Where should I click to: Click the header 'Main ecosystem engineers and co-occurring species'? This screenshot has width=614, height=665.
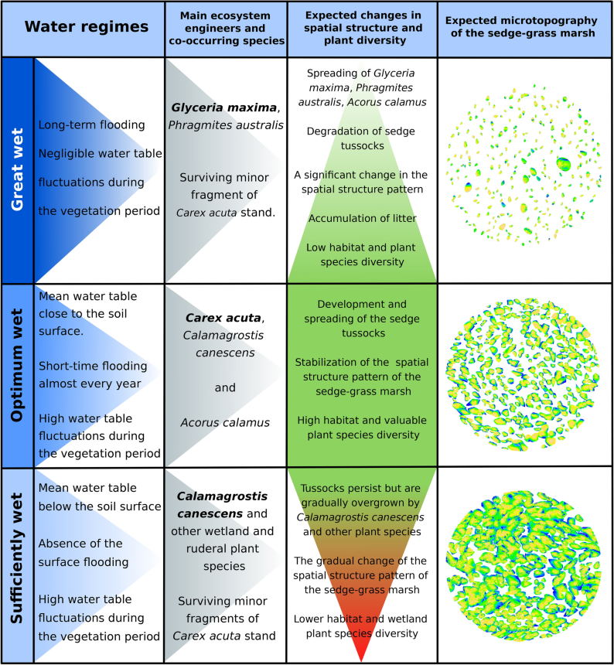[x=225, y=27]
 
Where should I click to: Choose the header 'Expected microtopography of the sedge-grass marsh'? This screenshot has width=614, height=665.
[x=524, y=27]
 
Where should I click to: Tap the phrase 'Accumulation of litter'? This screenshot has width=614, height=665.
[x=362, y=218]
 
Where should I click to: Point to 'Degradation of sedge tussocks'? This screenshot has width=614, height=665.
[x=362, y=137]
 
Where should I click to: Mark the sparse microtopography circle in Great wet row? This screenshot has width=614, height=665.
[x=524, y=169]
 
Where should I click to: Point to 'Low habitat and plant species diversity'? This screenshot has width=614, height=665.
[x=362, y=254]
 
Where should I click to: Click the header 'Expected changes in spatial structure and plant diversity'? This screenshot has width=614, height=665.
[x=362, y=27]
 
